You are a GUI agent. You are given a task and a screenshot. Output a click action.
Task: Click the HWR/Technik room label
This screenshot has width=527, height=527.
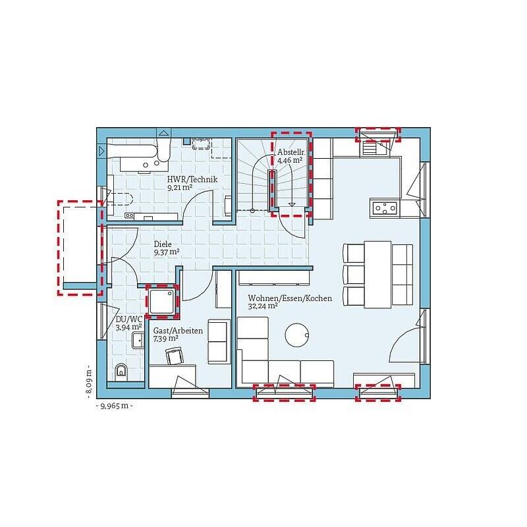pos(192,179)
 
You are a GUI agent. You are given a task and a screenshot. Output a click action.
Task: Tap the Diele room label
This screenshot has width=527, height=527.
pos(163,244)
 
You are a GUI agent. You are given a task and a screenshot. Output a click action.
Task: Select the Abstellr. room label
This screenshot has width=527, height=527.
pos(291,152)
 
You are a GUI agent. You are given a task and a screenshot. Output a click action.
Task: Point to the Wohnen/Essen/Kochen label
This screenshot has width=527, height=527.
pos(290,298)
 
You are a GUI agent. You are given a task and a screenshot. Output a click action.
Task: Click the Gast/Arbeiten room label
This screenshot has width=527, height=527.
pos(178,331)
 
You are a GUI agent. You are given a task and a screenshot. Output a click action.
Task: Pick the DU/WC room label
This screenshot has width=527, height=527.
pos(128,319)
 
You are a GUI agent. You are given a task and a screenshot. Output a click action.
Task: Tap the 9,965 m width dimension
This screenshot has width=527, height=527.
pos(115,406)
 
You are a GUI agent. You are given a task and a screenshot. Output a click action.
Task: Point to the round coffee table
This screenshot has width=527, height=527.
pos(297,335)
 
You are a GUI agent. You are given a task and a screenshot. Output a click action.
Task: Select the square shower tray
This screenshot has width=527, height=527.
pos(161,301)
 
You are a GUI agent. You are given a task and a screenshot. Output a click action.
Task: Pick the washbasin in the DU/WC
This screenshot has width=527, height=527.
pos(138,341)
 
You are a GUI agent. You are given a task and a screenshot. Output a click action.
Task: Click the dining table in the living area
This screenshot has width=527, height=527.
pos(377,274)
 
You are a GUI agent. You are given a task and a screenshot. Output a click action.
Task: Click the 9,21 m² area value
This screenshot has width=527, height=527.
pos(180,187)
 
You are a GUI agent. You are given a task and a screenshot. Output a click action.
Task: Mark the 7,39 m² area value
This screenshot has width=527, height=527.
pos(166,339)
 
